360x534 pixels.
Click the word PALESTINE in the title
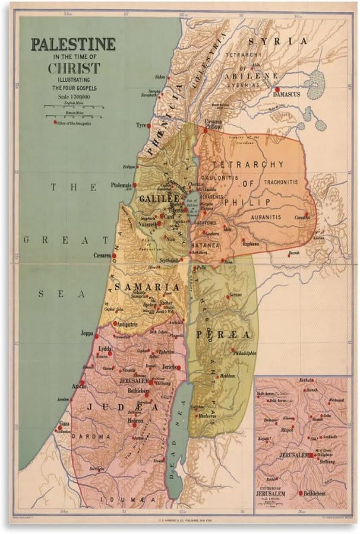click(x=72, y=44)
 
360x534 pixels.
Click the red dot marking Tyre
click(x=148, y=126)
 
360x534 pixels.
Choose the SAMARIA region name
click(x=146, y=287)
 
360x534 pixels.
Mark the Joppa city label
click(x=99, y=333)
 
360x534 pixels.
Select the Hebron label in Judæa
click(x=136, y=420)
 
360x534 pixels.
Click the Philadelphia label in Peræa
click(x=245, y=353)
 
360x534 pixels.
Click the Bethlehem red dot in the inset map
click(x=301, y=493)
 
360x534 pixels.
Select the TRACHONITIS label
click(x=280, y=182)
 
